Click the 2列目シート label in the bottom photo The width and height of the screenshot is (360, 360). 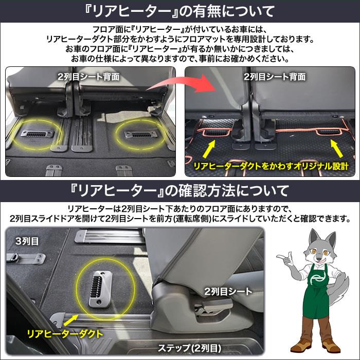pos(228,291)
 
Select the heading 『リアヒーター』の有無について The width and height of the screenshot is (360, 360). pos(180,10)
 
